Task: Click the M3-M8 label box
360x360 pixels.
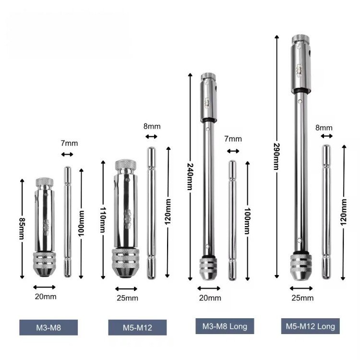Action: pyautogui.click(x=48, y=327)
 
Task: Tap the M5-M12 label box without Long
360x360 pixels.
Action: pyautogui.click(x=137, y=327)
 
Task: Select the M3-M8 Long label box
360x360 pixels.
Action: pyautogui.click(x=225, y=326)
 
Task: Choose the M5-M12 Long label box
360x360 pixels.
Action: pyautogui.click(x=311, y=326)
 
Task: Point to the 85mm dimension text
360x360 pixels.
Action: pyautogui.click(x=22, y=228)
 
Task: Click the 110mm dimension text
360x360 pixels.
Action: pyautogui.click(x=103, y=220)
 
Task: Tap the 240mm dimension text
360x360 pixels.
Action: pyautogui.click(x=190, y=177)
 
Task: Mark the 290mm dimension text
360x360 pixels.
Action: pyautogui.click(x=276, y=156)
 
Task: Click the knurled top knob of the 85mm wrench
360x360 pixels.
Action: pyautogui.click(x=45, y=182)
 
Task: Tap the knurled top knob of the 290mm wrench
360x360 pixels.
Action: pyautogui.click(x=301, y=39)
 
